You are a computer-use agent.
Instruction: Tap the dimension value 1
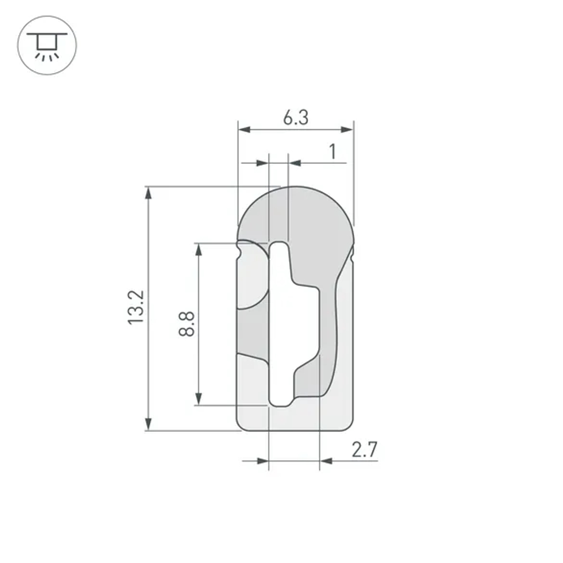click(332, 151)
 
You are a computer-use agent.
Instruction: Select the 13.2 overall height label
click(137, 307)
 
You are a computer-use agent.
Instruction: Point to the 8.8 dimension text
click(187, 324)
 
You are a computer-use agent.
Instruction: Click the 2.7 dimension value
click(364, 450)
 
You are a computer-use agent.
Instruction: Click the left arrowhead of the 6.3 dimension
click(244, 130)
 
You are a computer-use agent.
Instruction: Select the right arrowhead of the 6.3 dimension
click(347, 130)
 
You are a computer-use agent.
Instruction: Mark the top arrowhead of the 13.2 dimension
click(149, 193)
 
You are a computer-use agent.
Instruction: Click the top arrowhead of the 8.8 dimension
click(198, 250)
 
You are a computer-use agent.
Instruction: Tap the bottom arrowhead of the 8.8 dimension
click(198, 398)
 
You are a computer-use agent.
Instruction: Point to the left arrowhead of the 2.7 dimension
click(262, 461)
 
